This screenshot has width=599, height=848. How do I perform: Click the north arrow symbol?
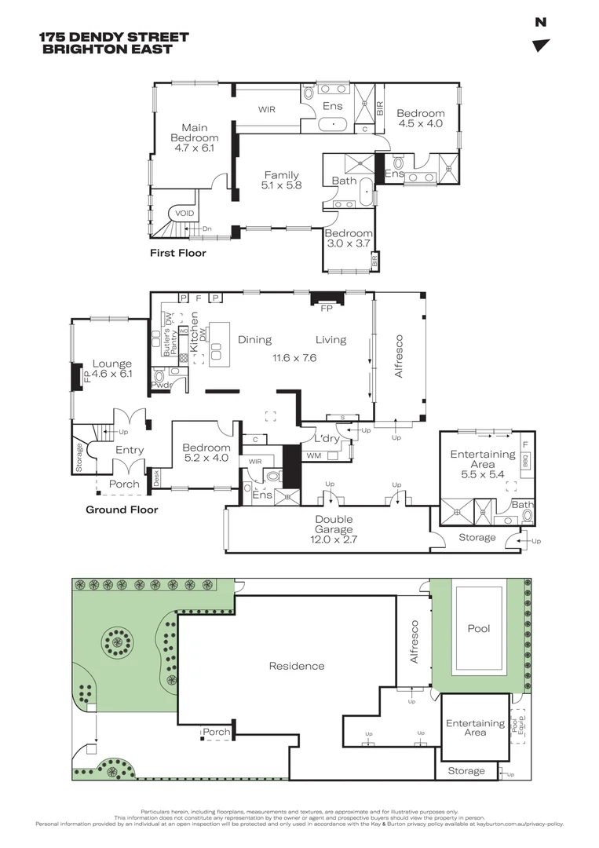coord(540,46)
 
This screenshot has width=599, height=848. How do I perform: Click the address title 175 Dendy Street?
coord(114,37)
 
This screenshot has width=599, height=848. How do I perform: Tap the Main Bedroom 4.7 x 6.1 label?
coord(193,137)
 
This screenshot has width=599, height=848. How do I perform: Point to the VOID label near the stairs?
coord(184,213)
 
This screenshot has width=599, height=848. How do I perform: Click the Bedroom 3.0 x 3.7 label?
coord(349,239)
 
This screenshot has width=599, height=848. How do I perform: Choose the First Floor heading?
coord(178,254)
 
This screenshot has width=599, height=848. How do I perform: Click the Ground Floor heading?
coord(122,510)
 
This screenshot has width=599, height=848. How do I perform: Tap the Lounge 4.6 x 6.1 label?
coord(112,369)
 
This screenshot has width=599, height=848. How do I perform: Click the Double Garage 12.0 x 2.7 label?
coord(334,529)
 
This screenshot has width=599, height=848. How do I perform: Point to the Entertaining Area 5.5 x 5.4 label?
coord(482,464)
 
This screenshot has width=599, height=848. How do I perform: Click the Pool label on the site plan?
coord(479,629)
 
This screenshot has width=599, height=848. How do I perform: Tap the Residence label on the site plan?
coord(297,666)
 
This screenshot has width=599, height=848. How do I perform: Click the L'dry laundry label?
coord(326,438)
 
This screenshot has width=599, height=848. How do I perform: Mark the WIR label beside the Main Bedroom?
coord(267,110)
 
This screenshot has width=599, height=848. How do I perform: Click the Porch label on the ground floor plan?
coord(124,484)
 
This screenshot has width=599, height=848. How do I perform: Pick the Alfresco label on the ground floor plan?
coord(399,357)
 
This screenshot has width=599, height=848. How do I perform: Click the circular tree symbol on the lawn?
coord(117,643)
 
